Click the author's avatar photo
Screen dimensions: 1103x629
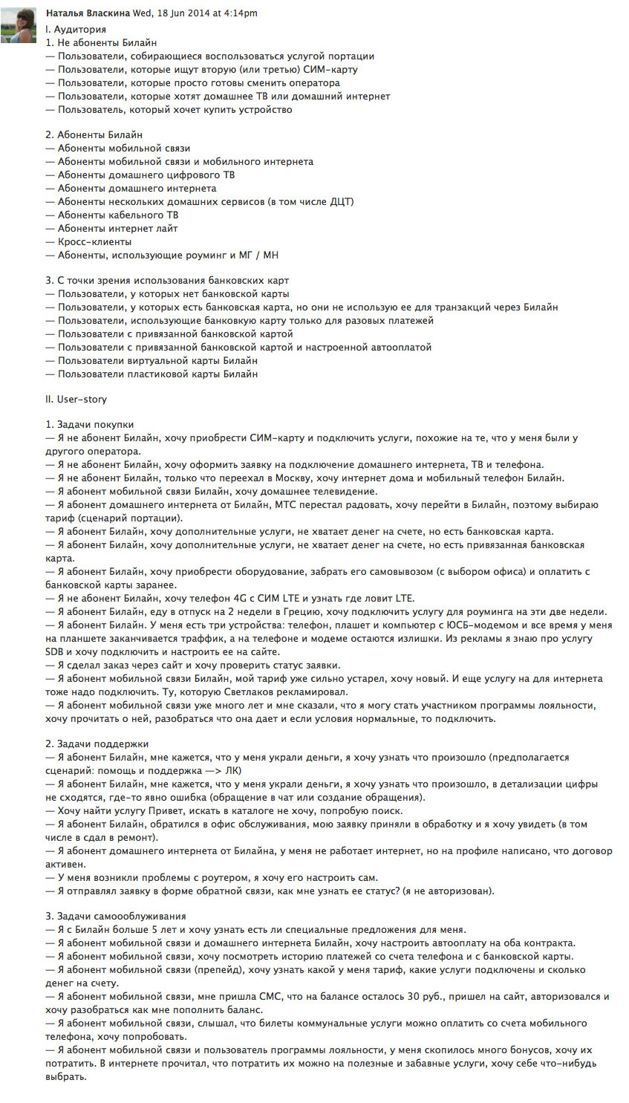19,25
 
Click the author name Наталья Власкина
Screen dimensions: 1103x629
88,13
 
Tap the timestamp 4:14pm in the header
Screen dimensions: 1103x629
239,13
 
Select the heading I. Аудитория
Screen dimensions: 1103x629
76,29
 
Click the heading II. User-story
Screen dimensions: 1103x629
76,399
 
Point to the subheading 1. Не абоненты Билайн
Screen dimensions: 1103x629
101,42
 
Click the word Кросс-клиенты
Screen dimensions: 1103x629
95,241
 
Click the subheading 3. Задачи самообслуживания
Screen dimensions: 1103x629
116,916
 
